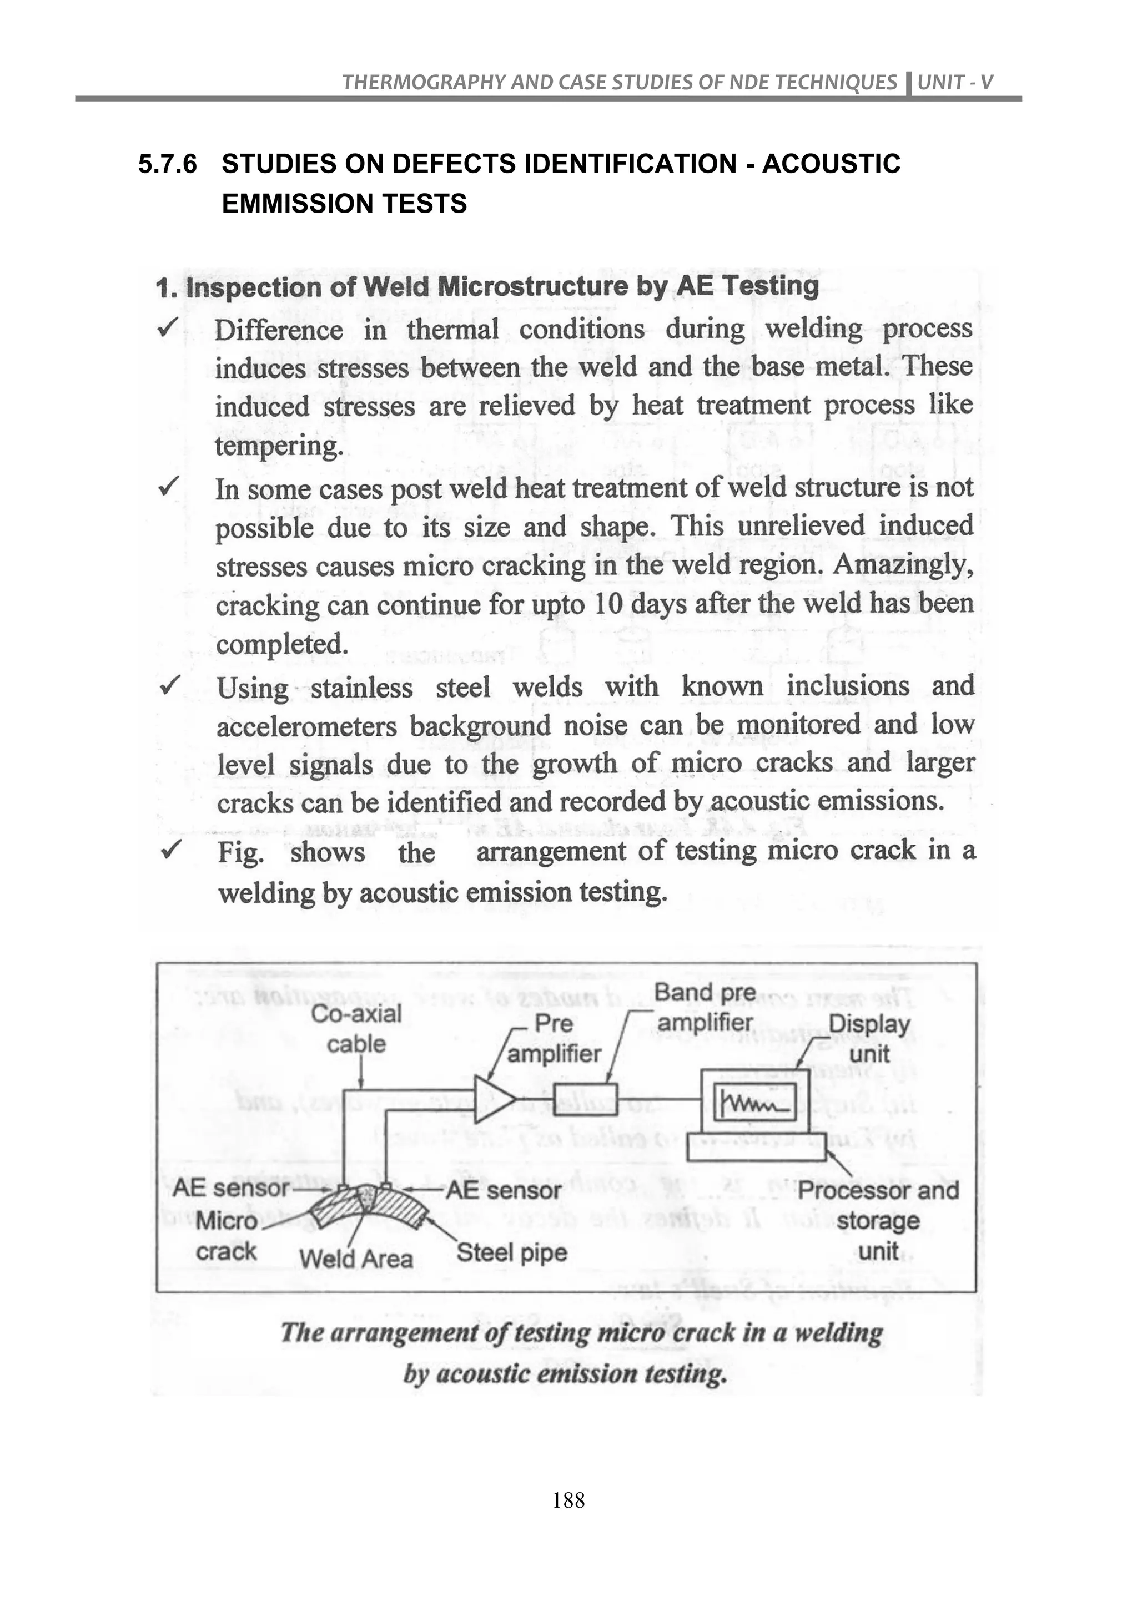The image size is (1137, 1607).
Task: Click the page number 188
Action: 568,1499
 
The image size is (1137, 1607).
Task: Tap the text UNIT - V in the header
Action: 955,83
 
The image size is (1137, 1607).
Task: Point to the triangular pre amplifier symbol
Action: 492,1096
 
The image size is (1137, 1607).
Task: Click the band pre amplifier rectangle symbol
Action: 585,1098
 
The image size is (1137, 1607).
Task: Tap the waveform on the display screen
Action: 753,1104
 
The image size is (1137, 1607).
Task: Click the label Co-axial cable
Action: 356,1028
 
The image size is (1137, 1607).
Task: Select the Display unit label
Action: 869,1038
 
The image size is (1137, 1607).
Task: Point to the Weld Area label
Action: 356,1259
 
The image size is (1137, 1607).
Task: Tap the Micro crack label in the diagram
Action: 226,1235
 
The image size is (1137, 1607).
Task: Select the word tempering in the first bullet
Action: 279,446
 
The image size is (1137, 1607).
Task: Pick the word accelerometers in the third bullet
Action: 306,726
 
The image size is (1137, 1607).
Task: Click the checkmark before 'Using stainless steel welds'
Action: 169,685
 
